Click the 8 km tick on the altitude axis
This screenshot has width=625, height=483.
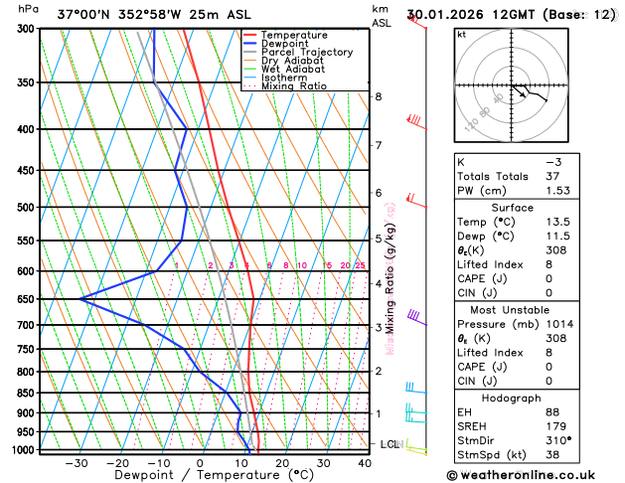[379, 96]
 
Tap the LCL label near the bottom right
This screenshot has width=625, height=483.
[390, 444]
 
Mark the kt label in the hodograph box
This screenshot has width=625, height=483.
[461, 35]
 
